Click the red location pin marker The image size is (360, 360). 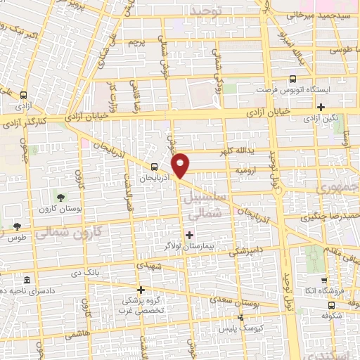tap(181, 164)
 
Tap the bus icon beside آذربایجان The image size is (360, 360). tap(154, 167)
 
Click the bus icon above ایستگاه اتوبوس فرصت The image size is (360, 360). tap(292, 80)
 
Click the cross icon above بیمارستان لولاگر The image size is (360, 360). tap(188, 234)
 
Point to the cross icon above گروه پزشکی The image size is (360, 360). tap(141, 290)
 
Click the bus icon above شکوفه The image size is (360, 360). tap(331, 305)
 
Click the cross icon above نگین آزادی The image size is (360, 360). tap(321, 108)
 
